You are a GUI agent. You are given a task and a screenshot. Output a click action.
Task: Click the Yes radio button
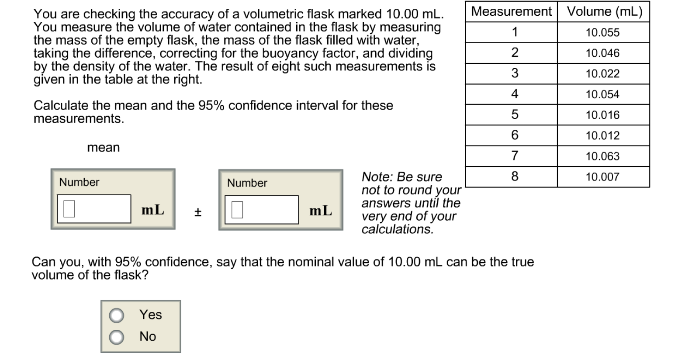117,315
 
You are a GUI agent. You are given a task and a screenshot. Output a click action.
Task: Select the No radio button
117,337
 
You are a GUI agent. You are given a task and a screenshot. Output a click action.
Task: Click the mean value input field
94,209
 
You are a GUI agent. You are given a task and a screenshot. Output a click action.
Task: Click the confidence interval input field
262,210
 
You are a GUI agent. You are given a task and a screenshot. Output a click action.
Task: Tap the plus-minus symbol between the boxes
197,212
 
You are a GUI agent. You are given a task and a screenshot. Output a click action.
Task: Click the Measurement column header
511,11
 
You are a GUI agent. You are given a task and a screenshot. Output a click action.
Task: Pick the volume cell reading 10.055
602,32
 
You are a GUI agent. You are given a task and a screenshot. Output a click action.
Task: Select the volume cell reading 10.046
602,53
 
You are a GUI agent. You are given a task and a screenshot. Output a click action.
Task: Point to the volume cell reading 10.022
602,74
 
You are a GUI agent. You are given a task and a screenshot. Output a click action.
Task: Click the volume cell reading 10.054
602,94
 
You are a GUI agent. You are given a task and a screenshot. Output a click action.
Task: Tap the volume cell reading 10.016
602,115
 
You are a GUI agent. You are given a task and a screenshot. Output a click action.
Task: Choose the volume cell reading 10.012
602,135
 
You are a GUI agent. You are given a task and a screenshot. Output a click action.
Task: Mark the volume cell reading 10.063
602,156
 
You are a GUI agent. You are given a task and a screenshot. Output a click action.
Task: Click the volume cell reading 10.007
602,177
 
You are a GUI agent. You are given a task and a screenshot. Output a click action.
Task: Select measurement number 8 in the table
515,177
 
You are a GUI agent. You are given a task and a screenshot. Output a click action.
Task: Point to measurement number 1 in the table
515,32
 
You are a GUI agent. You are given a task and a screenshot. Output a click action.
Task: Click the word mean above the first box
104,148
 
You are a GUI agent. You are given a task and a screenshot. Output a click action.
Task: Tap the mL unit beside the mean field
153,210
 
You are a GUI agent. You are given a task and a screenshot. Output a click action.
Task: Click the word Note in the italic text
375,177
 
